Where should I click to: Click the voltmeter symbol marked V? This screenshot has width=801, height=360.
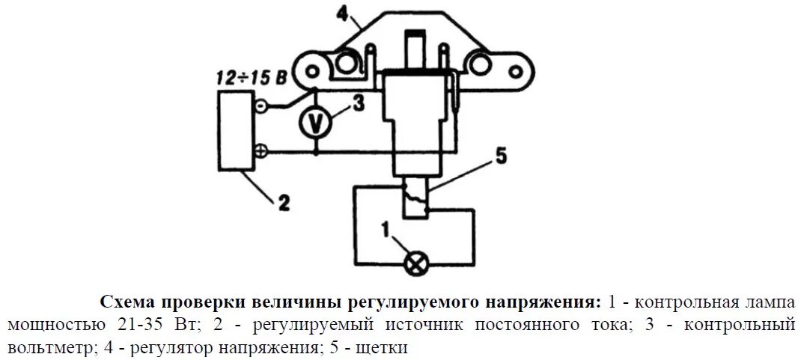[x=315, y=125]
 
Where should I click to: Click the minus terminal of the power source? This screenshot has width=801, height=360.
[x=260, y=107]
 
